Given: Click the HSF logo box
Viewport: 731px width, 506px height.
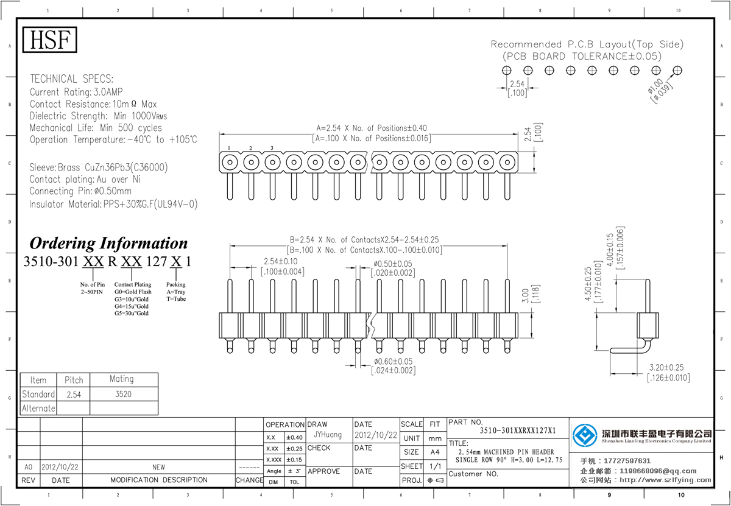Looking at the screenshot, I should (51, 40).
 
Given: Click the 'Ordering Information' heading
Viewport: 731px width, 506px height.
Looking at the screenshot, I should (109, 243).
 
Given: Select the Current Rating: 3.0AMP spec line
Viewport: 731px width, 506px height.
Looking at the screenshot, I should (76, 92).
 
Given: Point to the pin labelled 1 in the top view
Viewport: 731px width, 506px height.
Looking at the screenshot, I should (229, 162).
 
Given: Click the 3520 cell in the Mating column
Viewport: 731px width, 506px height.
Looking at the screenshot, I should (122, 394).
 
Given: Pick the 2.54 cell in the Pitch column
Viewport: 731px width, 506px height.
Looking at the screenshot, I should (74, 395).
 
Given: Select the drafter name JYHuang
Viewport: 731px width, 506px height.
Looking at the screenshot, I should (328, 435).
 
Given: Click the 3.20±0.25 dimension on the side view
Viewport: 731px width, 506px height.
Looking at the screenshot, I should (668, 368).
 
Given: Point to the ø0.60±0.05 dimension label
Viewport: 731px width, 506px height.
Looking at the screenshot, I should (393, 361).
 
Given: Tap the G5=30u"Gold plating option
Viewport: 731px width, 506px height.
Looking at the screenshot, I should (132, 313).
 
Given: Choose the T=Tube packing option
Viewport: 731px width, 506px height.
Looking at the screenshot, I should (175, 299).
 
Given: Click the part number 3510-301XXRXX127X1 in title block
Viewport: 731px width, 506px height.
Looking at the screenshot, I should (518, 430).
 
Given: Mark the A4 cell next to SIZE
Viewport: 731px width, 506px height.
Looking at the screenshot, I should (434, 452).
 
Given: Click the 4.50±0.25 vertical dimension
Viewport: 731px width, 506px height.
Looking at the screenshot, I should (588, 284).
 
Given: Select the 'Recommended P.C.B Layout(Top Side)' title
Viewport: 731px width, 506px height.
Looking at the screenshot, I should (587, 44).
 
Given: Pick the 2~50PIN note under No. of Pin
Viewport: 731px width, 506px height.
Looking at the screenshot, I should (93, 292).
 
